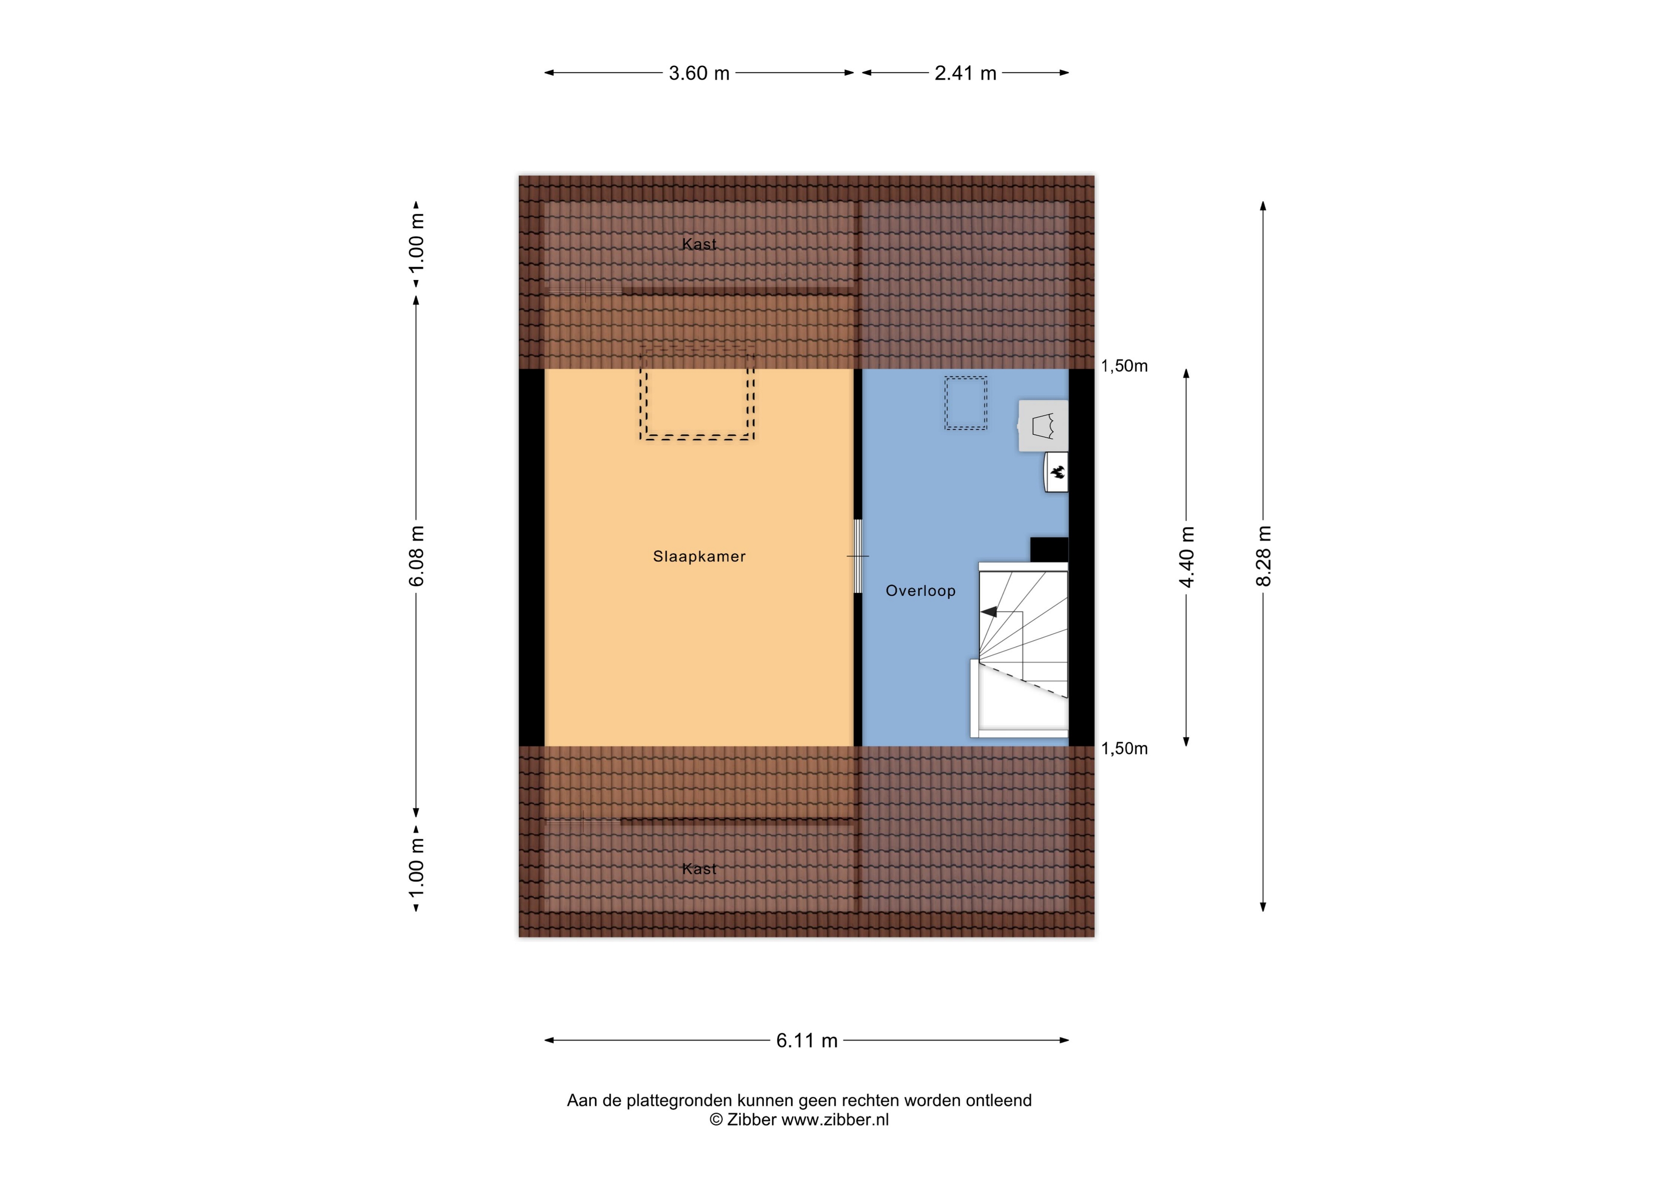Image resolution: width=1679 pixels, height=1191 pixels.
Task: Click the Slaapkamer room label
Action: pos(699,557)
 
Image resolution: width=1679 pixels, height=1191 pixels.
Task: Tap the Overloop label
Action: pos(920,591)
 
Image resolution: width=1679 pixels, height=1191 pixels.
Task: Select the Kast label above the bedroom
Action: pos(699,244)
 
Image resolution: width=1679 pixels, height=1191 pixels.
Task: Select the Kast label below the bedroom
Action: pos(699,869)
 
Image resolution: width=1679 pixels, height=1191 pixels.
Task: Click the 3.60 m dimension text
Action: pos(699,73)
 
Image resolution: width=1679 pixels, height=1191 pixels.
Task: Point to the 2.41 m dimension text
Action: pos(965,73)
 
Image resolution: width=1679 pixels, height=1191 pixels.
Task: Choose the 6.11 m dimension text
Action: pos(806,1041)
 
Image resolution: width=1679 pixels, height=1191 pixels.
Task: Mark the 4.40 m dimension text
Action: pos(1186,557)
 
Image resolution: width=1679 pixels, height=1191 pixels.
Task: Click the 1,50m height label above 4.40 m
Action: pos(1124,366)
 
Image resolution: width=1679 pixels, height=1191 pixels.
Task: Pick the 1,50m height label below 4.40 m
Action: pos(1124,749)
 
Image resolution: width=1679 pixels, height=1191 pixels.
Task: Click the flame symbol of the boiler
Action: pos(1057,472)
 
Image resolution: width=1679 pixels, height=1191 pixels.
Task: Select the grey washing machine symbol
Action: pos(1043,425)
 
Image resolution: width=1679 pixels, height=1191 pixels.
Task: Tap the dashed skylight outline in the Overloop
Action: pos(966,403)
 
